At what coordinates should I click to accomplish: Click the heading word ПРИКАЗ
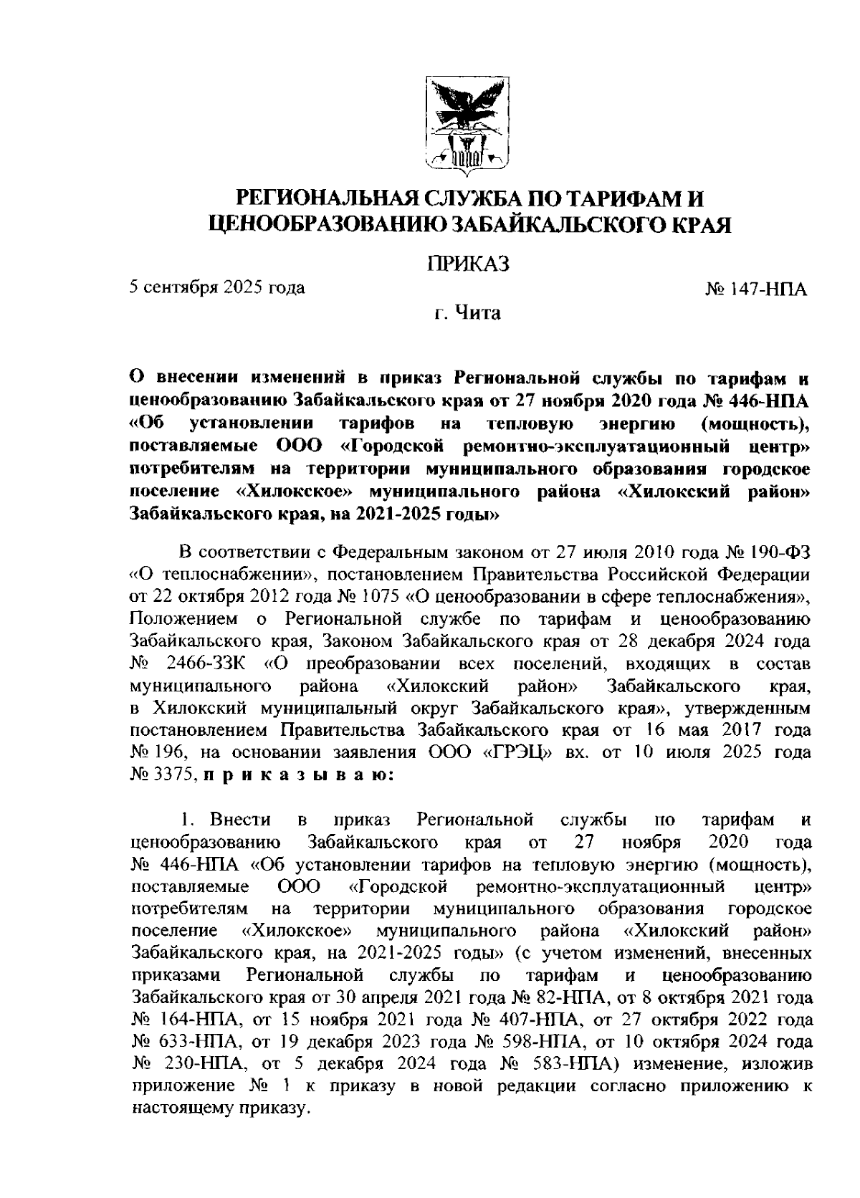469,264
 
